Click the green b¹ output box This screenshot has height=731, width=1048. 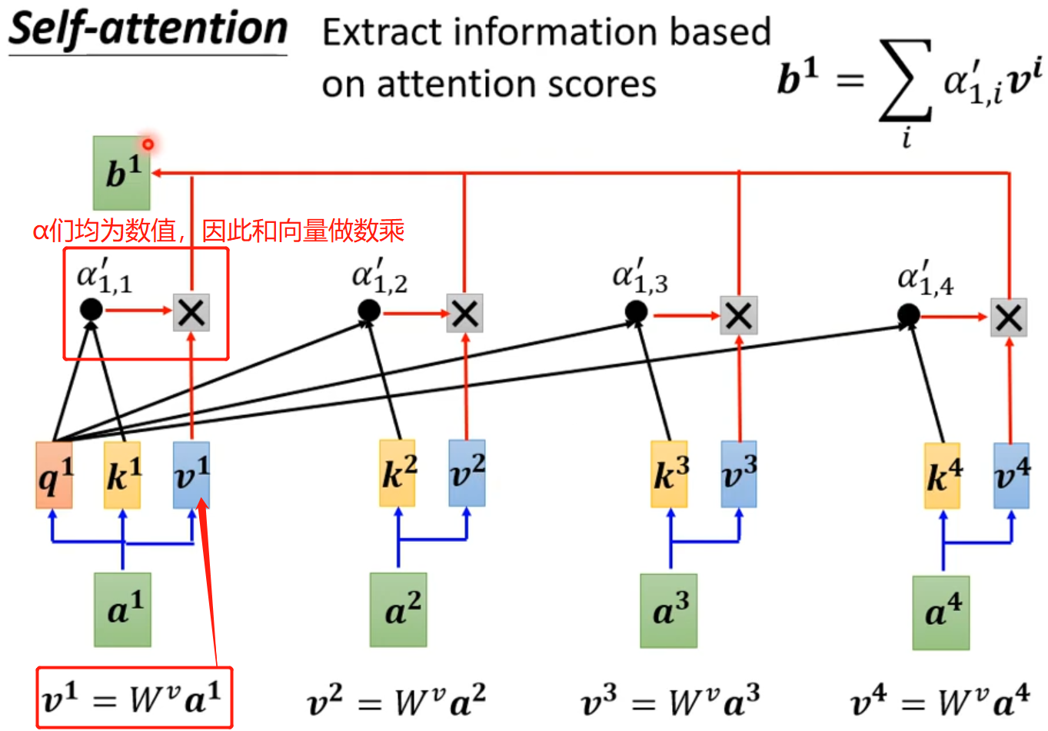121,173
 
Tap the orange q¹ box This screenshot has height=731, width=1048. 54,475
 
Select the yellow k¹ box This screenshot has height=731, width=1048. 122,475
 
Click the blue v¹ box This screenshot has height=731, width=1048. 191,475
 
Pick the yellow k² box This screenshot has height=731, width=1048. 398,473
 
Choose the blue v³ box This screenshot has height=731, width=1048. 739,474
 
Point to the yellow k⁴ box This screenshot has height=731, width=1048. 943,476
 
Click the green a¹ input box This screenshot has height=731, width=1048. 123,610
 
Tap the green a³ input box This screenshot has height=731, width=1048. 669,611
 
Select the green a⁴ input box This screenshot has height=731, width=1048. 941,613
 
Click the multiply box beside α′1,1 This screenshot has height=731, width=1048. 191,312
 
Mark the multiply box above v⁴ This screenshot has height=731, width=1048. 1009,317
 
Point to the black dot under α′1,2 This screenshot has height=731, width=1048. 369,311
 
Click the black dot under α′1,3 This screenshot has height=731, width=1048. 636,311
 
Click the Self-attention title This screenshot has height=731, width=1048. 148,29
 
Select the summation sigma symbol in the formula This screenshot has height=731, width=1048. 906,81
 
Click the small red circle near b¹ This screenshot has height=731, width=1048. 148,144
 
